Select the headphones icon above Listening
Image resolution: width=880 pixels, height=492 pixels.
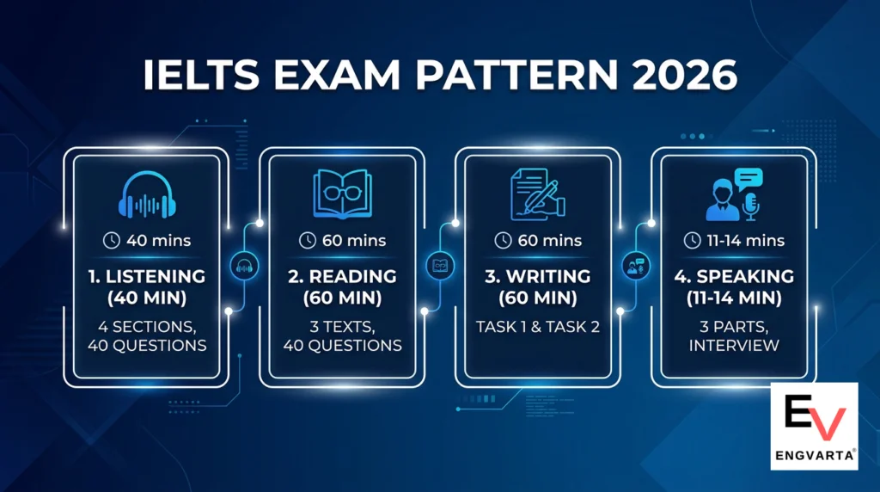151,195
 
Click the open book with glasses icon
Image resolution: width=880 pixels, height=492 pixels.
348,194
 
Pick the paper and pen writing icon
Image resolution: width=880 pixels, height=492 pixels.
538,194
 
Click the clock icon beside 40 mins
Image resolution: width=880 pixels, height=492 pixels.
111,241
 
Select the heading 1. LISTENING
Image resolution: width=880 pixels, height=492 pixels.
151,277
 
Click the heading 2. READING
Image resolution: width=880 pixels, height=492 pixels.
348,277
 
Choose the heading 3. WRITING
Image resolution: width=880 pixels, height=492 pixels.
538,277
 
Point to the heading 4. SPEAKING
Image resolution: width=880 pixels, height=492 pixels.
734,277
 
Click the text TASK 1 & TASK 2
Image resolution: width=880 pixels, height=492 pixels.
538,327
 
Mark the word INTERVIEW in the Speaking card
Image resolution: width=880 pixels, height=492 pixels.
734,346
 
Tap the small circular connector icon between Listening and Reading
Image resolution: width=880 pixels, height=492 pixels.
243,268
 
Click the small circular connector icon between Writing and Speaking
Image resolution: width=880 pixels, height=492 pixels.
637,268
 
